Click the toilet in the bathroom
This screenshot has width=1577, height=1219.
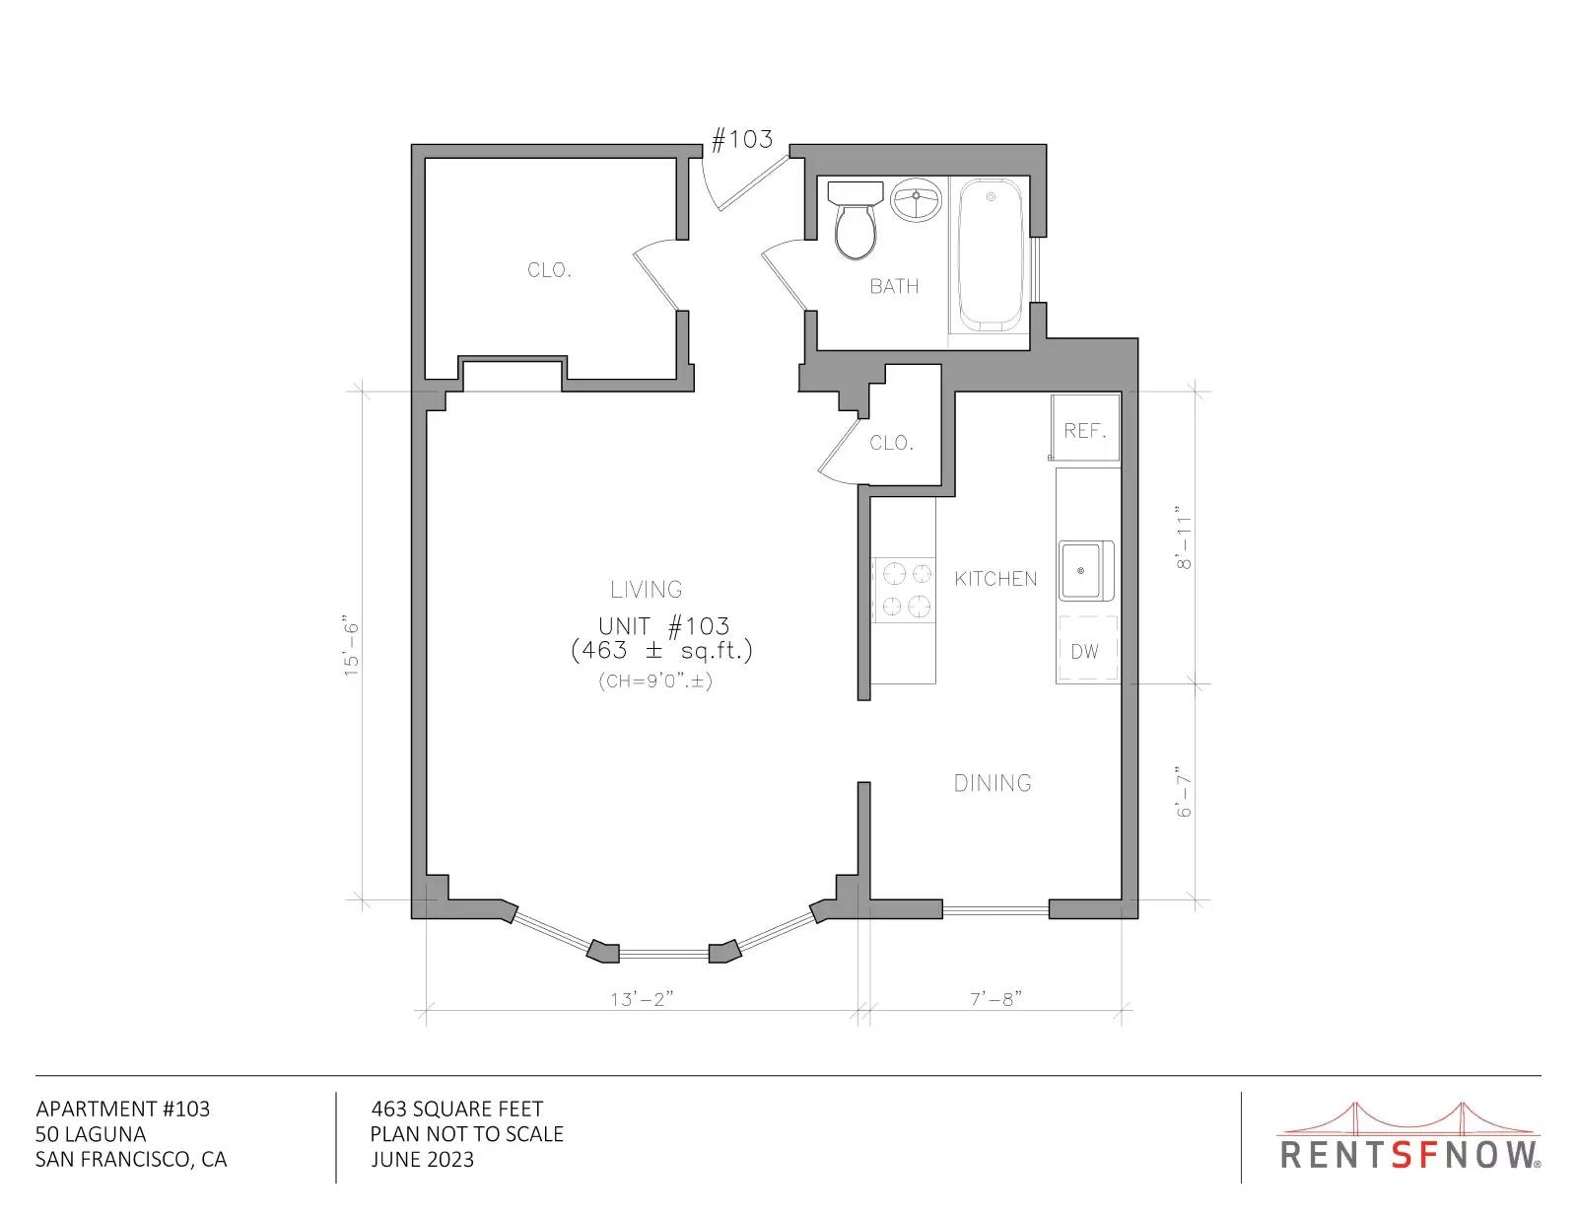tap(856, 220)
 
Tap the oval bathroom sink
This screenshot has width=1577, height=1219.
tap(916, 199)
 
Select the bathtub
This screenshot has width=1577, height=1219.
tap(991, 254)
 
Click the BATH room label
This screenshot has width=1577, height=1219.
tap(894, 286)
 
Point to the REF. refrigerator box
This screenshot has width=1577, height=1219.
tap(1085, 428)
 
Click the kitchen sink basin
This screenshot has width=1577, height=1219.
tap(1086, 571)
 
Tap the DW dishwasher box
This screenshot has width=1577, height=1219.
tap(1086, 648)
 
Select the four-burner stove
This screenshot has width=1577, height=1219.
tap(904, 590)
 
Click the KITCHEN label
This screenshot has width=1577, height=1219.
tap(995, 579)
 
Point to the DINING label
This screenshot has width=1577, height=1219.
tap(993, 783)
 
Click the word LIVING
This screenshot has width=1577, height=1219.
tap(646, 589)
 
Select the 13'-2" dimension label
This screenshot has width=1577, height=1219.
tap(642, 999)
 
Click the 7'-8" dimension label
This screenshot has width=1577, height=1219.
tap(995, 999)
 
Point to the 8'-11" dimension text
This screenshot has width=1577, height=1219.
tap(1184, 538)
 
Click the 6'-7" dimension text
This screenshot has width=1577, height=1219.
tap(1184, 791)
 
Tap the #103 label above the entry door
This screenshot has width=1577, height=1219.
tap(742, 139)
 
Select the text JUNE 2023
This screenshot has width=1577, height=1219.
tap(423, 1160)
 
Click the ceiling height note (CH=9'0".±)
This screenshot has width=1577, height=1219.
tap(655, 681)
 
